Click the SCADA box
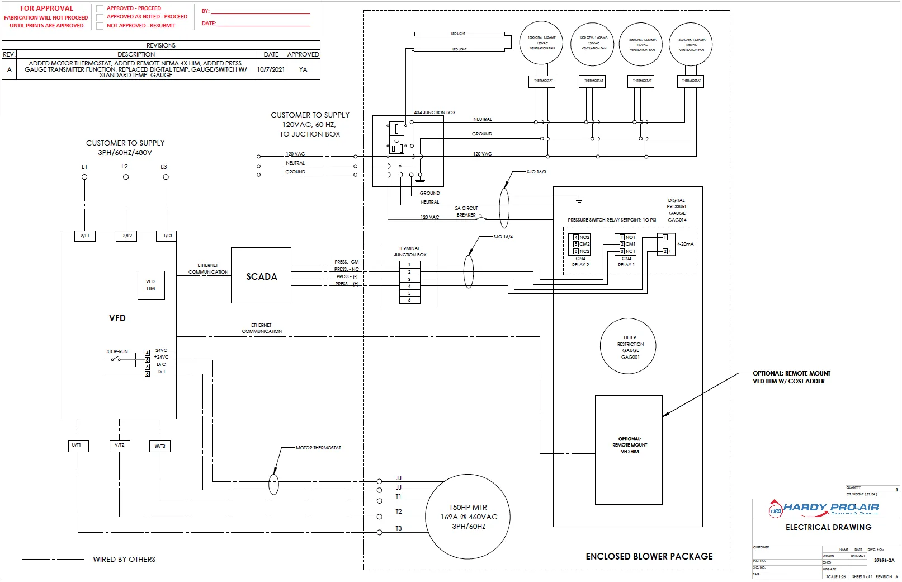point(261,276)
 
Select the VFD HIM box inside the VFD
point(151,285)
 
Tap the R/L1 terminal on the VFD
point(85,236)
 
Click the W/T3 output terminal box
point(160,446)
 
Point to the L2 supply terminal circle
point(126,177)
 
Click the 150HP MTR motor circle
point(468,517)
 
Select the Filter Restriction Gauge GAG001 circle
point(628,346)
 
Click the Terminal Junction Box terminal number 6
point(409,301)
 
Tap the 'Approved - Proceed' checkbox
point(100,8)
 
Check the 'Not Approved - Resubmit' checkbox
point(100,26)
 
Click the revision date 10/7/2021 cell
point(271,70)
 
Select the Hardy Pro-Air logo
point(824,508)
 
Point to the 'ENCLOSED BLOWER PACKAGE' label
point(649,556)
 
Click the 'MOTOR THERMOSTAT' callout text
point(318,448)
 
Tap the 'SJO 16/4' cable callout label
point(503,237)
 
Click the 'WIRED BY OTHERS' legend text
point(124,559)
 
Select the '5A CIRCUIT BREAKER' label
point(466,212)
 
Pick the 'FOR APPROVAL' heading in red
point(46,8)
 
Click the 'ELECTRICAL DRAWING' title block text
point(828,527)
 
